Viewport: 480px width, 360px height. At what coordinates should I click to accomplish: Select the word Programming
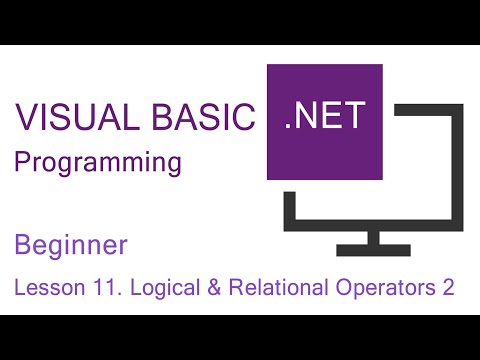pos(98,163)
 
